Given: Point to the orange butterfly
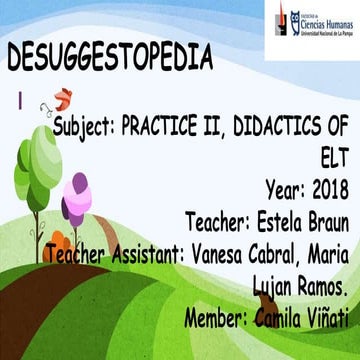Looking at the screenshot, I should [62, 98].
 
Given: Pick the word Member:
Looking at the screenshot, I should [221, 292].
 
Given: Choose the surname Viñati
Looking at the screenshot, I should [321, 292].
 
